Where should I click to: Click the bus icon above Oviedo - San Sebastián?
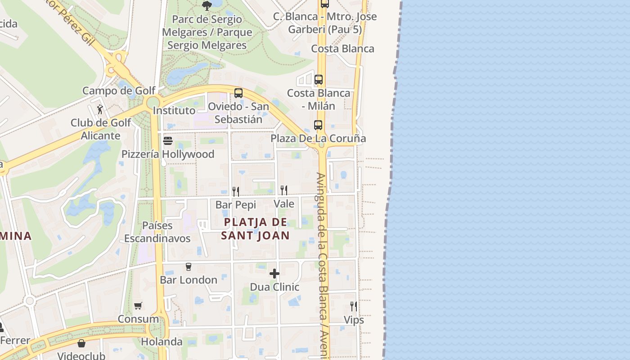(238, 93)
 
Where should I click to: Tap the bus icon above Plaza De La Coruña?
(318, 125)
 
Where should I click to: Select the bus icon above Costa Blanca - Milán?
(319, 80)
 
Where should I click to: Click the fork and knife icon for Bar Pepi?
(235, 191)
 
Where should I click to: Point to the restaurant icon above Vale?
(283, 190)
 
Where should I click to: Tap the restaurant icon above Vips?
(354, 306)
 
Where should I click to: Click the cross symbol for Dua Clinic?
(274, 274)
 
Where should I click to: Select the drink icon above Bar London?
(189, 266)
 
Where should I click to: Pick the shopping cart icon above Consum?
(138, 306)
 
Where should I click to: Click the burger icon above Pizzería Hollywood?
(168, 141)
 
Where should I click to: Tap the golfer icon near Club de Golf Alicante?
(100, 109)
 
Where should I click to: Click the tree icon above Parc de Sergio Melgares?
(207, 5)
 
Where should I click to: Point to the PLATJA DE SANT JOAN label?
(255, 229)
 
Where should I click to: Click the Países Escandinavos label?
(157, 232)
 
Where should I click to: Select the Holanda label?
(162, 342)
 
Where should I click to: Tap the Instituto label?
(174, 110)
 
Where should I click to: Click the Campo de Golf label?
(119, 90)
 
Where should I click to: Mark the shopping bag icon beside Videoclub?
(81, 343)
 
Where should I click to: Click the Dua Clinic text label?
(274, 287)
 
